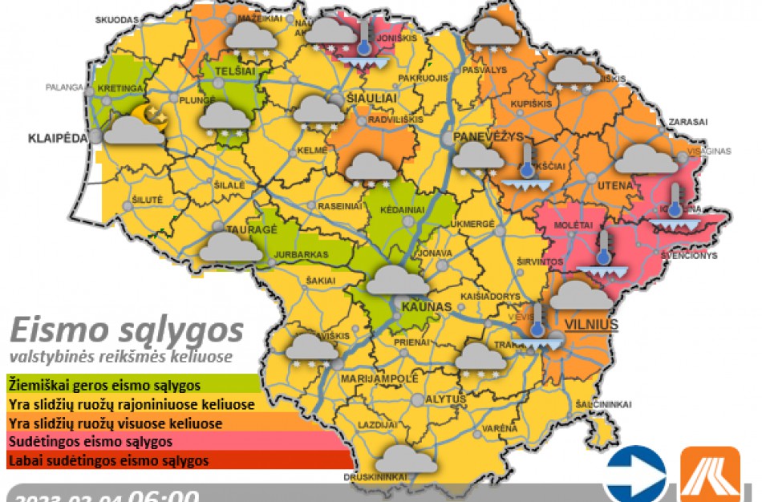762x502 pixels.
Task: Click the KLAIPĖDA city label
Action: click(57, 138)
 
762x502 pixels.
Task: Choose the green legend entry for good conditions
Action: click(104, 385)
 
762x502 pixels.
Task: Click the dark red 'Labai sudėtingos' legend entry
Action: click(108, 461)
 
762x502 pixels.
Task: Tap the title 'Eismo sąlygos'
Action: click(127, 330)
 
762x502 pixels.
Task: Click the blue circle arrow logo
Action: click(635, 476)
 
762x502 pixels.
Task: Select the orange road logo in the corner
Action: click(710, 476)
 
